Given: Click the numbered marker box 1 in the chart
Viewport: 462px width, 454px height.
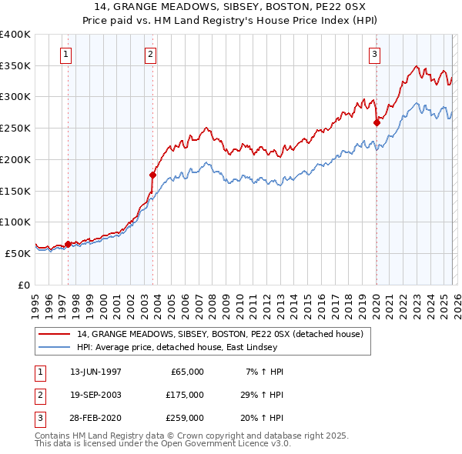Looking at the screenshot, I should tap(66, 54).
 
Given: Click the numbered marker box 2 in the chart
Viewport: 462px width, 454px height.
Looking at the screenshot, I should tap(149, 54).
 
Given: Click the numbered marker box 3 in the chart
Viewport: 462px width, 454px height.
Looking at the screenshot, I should tap(374, 54).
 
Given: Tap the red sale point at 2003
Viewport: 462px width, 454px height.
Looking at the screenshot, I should tap(152, 175).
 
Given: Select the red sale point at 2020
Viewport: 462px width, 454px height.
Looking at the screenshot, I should tap(377, 122).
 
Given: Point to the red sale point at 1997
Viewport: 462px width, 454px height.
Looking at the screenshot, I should tap(68, 244).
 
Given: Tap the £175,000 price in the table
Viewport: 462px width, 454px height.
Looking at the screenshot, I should tap(185, 395).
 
